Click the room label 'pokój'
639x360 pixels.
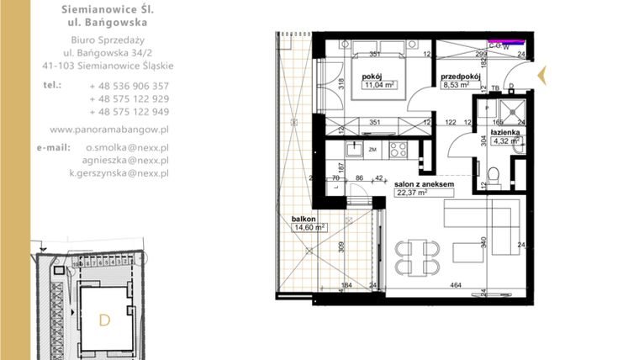[x=372, y=77]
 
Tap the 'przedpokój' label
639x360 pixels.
[x=460, y=76]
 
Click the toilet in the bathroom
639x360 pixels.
[x=499, y=175]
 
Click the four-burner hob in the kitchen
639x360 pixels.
[x=398, y=151]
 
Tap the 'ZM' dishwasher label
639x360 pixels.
[x=372, y=150]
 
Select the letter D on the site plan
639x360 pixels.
[x=104, y=320]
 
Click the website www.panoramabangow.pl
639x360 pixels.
[x=109, y=130]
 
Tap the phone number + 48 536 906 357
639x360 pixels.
[x=129, y=86]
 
